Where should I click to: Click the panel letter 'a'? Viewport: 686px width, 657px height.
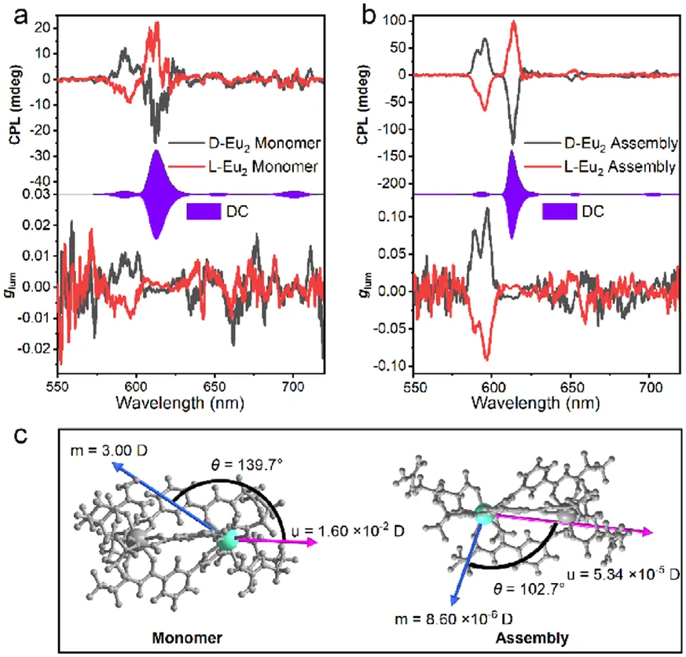21,17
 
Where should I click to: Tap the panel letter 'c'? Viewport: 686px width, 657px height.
21,436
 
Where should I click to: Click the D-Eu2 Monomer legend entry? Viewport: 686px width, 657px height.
244,143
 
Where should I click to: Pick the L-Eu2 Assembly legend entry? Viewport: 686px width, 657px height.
600,167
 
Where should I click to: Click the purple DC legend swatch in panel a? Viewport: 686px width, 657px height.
204,212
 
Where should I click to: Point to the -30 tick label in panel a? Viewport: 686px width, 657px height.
39,157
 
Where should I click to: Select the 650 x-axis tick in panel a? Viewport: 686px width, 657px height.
215,387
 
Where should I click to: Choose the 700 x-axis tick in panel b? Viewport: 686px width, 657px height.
651,387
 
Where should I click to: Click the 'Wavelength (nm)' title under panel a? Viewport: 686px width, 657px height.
180,403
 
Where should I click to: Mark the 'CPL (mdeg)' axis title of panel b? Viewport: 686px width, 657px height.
363,105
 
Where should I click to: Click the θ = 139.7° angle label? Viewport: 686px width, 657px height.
247,465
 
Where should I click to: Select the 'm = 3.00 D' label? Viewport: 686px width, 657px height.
109,450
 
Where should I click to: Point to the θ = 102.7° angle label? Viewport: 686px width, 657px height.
529,589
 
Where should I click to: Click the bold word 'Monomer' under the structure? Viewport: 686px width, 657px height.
187,638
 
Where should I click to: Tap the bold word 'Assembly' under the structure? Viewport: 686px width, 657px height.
532,638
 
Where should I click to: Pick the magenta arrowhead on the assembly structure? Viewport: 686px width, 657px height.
647,532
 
